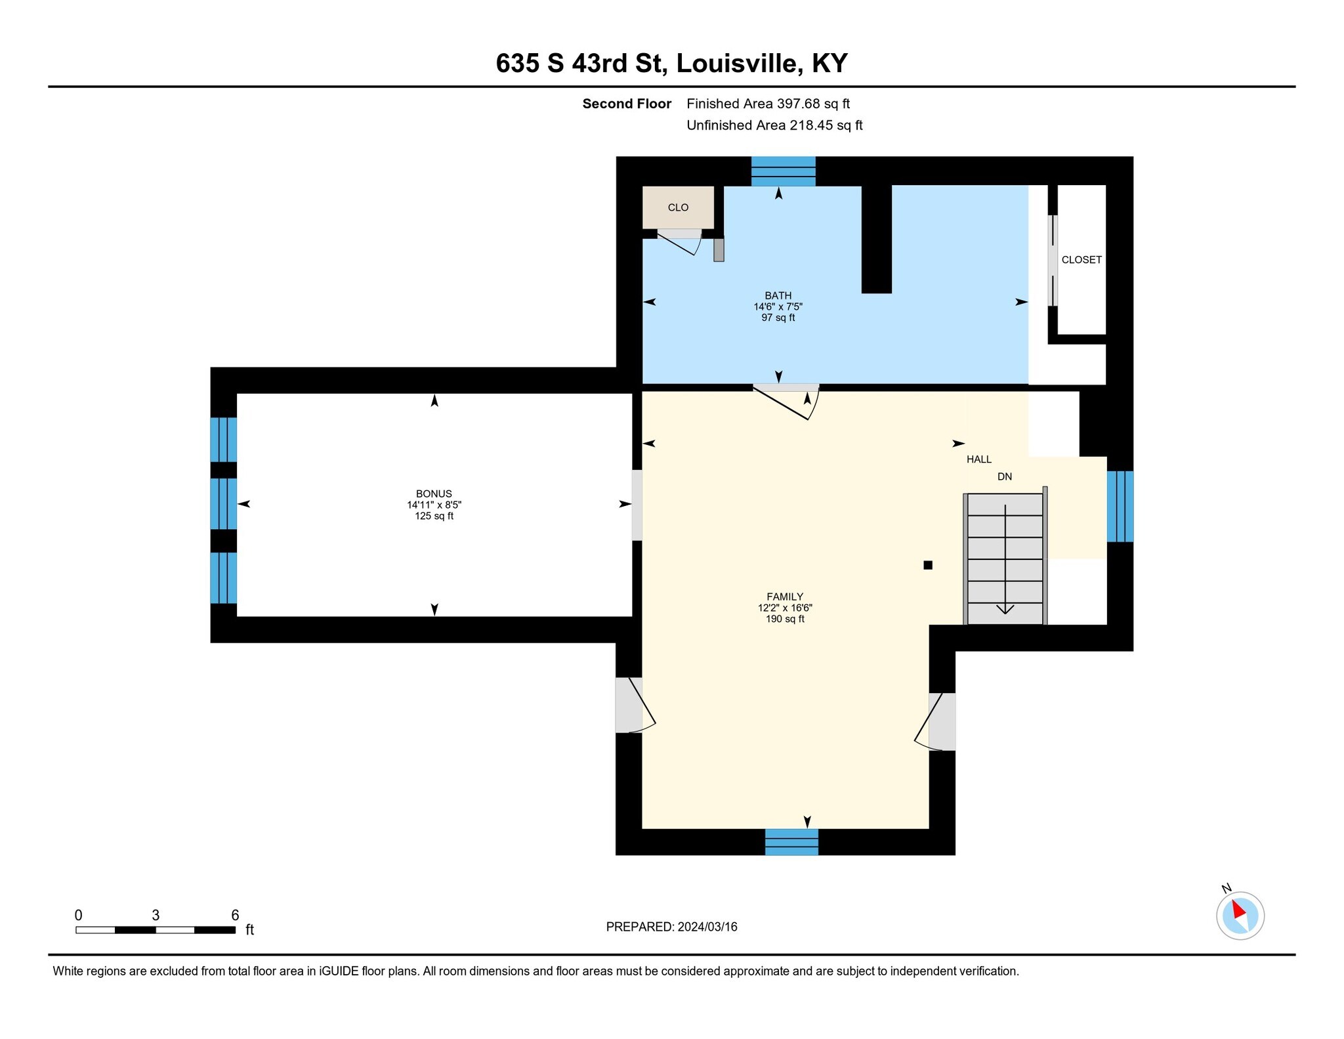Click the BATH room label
click(x=778, y=296)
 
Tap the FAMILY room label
click(x=785, y=597)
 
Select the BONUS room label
click(x=434, y=494)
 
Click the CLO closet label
click(x=678, y=207)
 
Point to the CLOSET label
click(x=1081, y=260)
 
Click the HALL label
click(x=978, y=459)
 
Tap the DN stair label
click(x=1004, y=477)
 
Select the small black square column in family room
click(x=927, y=565)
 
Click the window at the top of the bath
click(x=783, y=171)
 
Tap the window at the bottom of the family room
click(x=791, y=841)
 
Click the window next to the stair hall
click(x=1120, y=506)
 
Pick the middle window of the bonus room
click(x=223, y=503)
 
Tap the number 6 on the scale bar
click(x=235, y=915)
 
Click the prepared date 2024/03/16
click(x=707, y=927)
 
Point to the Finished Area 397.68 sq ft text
click(x=768, y=104)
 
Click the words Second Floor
click(x=626, y=104)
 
